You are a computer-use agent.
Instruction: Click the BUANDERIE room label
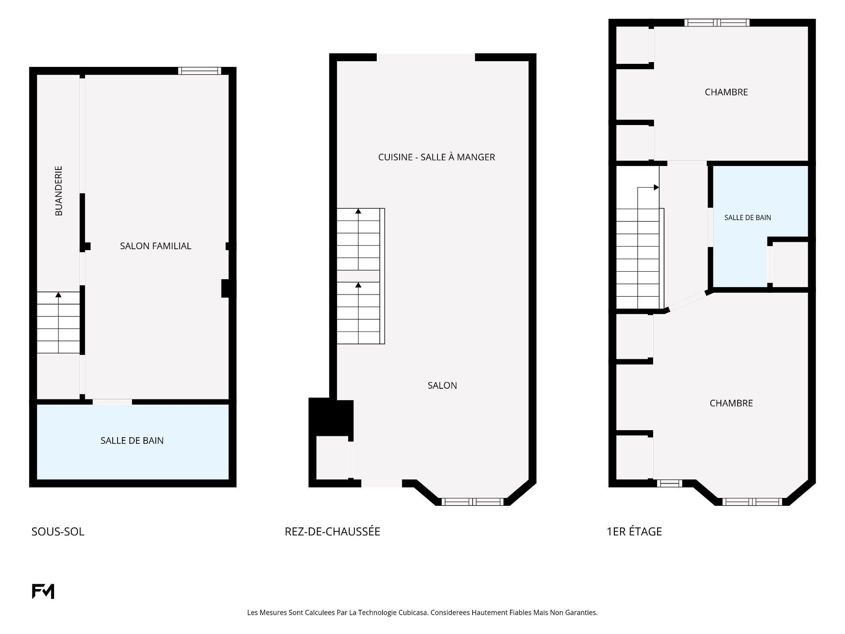click(x=59, y=191)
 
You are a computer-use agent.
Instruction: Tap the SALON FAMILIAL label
click(x=156, y=246)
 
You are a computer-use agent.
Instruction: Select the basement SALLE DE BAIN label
click(x=132, y=441)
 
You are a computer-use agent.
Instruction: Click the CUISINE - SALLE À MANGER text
click(x=437, y=157)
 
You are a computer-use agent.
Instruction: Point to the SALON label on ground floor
click(x=442, y=386)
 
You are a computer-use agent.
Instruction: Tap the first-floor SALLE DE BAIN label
click(x=748, y=217)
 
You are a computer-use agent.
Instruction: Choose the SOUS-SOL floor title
click(x=58, y=532)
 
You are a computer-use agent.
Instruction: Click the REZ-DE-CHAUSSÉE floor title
click(x=332, y=531)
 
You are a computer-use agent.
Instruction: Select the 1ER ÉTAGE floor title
click(x=634, y=531)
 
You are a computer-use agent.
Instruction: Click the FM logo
click(x=43, y=591)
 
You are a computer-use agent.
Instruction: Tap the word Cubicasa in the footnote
click(x=413, y=612)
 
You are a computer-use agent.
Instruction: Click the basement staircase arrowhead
click(x=59, y=295)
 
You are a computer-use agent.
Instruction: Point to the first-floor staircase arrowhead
click(x=656, y=188)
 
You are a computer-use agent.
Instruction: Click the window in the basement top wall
click(x=199, y=71)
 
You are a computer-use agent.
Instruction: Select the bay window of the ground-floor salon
click(x=472, y=501)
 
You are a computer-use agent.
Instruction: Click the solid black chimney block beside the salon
click(x=331, y=417)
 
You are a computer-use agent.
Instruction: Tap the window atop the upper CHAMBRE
click(x=717, y=23)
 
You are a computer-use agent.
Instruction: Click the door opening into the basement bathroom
click(x=112, y=402)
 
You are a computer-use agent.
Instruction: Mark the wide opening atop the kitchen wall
click(x=426, y=57)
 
